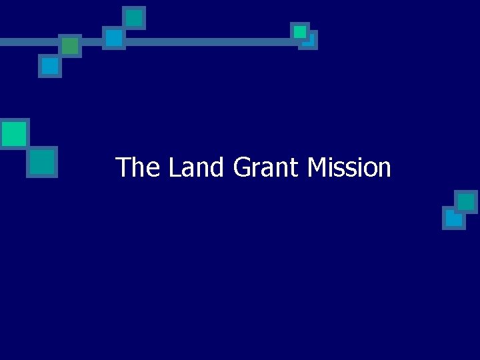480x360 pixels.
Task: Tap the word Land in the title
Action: click(x=195, y=167)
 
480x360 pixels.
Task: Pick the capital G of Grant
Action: click(x=241, y=167)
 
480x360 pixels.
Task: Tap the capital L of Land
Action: click(x=174, y=167)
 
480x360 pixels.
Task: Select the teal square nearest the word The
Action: click(x=42, y=161)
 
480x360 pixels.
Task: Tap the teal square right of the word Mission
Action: click(x=466, y=201)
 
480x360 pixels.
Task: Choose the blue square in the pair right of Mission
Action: click(x=453, y=219)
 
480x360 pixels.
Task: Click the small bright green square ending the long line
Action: click(x=300, y=31)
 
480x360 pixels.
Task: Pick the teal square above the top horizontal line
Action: click(x=134, y=17)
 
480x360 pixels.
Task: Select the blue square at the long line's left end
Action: click(x=114, y=37)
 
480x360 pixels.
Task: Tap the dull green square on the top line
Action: click(x=69, y=45)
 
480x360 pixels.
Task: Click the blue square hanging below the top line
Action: click(x=49, y=65)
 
